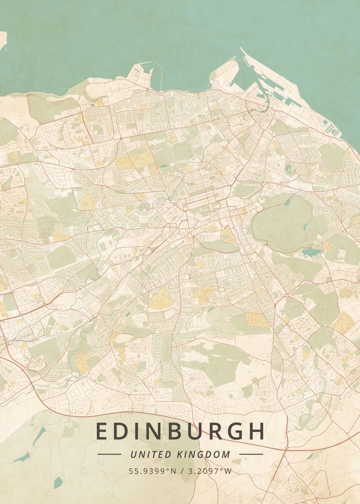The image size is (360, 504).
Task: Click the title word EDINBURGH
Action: tap(180, 431)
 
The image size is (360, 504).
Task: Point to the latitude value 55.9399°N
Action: tap(152, 471)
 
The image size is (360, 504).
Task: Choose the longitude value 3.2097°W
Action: tap(210, 471)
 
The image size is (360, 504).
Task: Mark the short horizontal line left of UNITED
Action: tap(109, 454)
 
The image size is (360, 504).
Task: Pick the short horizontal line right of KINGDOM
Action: tap(251, 454)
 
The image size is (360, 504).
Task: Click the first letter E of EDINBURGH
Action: tap(102, 431)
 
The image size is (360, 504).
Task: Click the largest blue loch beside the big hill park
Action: tap(311, 252)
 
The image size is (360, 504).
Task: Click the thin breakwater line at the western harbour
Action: tap(159, 76)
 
